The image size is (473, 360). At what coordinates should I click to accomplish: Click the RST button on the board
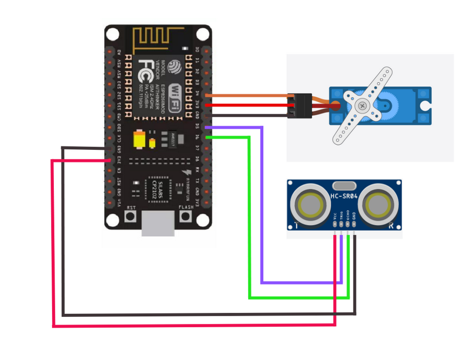pyautogui.click(x=131, y=216)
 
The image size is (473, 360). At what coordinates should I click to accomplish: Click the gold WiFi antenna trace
pyautogui.click(x=159, y=39)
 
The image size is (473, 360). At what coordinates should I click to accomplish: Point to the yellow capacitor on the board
pyautogui.click(x=140, y=139)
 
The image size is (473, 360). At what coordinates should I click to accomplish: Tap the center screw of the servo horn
pyautogui.click(x=363, y=105)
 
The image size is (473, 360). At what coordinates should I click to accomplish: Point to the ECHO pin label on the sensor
pyautogui.click(x=348, y=217)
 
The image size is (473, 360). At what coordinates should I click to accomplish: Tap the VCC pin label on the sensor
pyautogui.click(x=335, y=217)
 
